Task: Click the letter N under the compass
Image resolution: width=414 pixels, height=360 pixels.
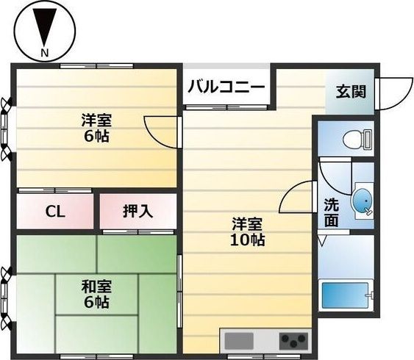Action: point(44,53)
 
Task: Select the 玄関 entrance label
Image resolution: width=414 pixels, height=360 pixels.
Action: point(349,93)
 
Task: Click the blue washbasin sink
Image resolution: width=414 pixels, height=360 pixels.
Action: point(363,200)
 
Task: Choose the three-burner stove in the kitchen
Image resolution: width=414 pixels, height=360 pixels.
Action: point(293,341)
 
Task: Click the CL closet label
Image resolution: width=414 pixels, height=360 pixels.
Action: point(55,212)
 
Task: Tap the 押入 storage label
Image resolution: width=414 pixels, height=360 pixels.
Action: point(138,212)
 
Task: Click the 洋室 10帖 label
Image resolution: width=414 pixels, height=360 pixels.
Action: point(248,231)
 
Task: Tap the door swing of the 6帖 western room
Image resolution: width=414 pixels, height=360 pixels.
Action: point(160,131)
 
